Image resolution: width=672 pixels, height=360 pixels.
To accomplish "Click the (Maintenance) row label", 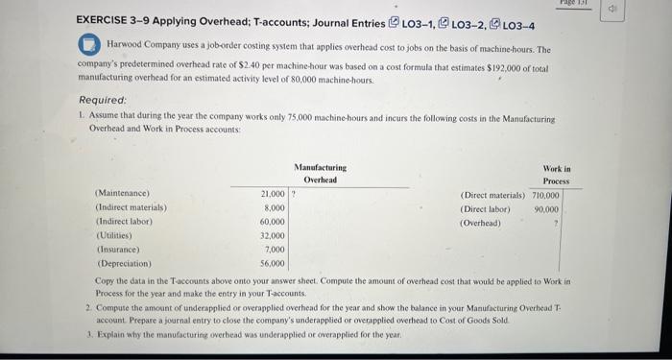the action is tap(122, 194).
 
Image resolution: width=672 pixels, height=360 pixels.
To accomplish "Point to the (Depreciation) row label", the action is tap(122, 261).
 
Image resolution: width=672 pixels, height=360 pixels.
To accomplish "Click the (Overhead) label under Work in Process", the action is tap(481, 222).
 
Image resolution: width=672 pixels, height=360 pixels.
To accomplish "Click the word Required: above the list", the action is tap(105, 98).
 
